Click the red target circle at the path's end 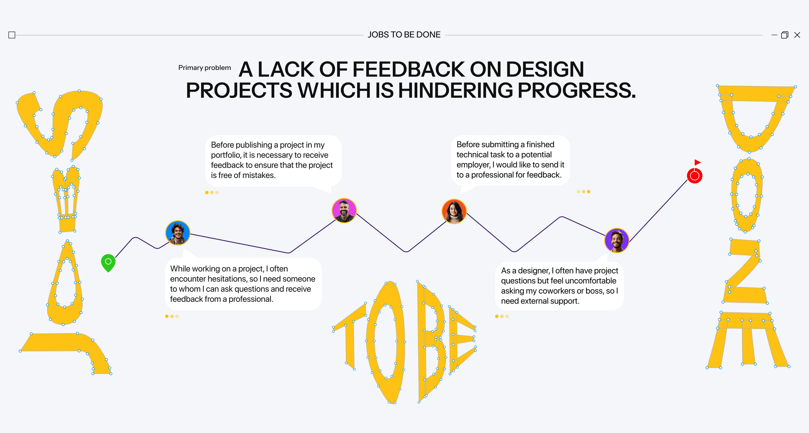[x=694, y=176]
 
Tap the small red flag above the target [x=697, y=162]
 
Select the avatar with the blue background [x=178, y=233]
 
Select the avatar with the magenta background [x=344, y=210]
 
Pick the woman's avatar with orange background [x=454, y=211]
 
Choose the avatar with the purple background [x=617, y=240]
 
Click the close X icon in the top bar [x=797, y=35]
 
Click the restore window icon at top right [x=784, y=35]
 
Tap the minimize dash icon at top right [x=774, y=35]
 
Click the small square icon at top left [x=12, y=35]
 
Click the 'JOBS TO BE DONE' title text [x=404, y=35]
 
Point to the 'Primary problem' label [x=205, y=68]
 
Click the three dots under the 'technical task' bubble [x=583, y=192]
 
